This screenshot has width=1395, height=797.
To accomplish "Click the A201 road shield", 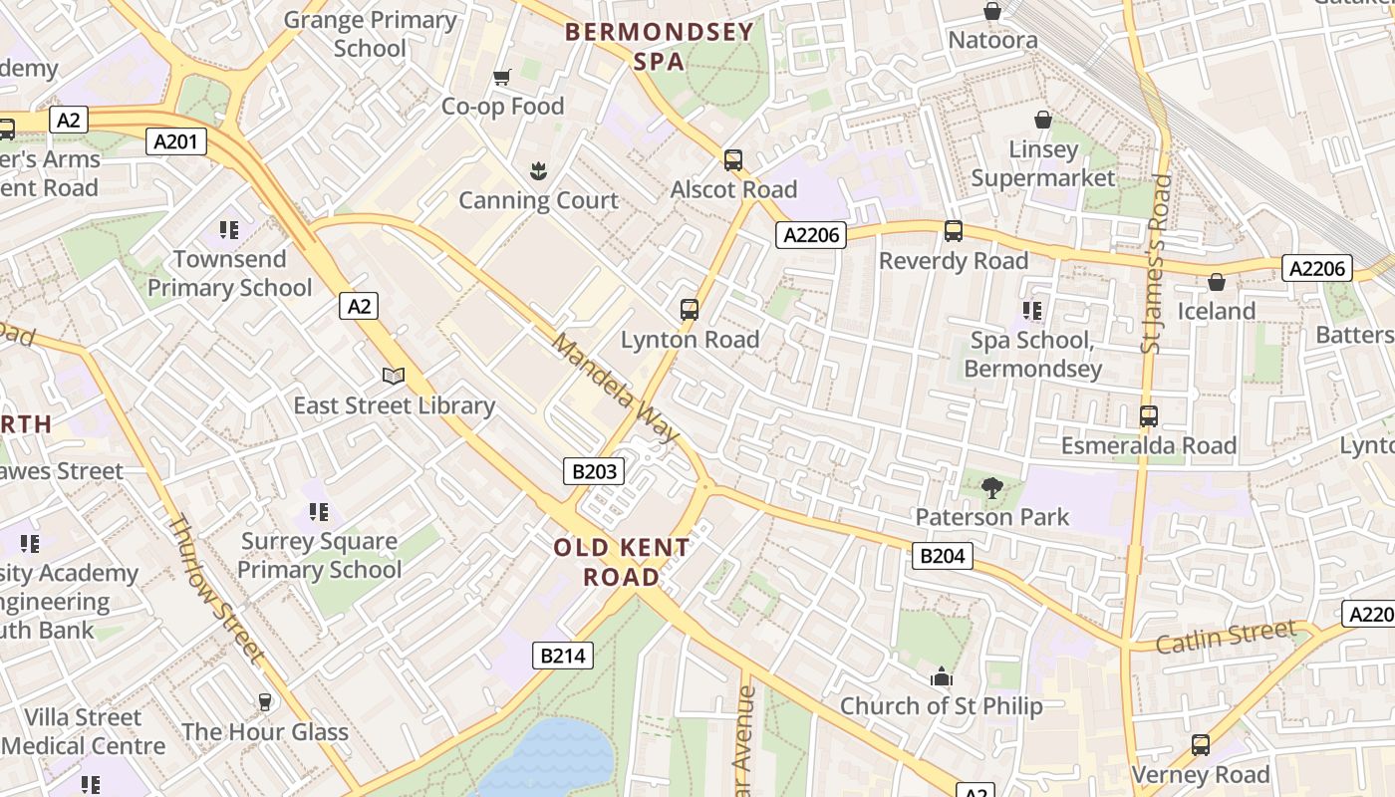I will (176, 141).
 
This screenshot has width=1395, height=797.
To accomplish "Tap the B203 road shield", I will (594, 471).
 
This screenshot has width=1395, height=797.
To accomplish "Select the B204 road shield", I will (942, 556).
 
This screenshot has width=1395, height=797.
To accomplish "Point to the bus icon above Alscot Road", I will (733, 159).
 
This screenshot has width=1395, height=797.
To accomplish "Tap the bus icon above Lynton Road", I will (689, 309).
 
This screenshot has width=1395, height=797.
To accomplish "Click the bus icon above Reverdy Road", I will (953, 231).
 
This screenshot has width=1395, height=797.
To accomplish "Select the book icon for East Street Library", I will (394, 376).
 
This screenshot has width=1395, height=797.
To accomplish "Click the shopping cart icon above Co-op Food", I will (502, 77).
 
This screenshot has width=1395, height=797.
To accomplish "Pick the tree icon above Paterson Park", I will (991, 487).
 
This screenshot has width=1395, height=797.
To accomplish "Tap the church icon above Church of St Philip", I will (941, 676).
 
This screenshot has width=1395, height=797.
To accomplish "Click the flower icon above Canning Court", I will (538, 170).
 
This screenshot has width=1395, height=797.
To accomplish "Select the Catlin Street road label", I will (1226, 636).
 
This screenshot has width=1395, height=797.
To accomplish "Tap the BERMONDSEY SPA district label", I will (659, 46).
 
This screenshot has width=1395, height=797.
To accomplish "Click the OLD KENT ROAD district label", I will (622, 562).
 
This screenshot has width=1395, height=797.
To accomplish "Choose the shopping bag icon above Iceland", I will (1216, 282).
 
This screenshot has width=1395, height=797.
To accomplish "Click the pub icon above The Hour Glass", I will (264, 702).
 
